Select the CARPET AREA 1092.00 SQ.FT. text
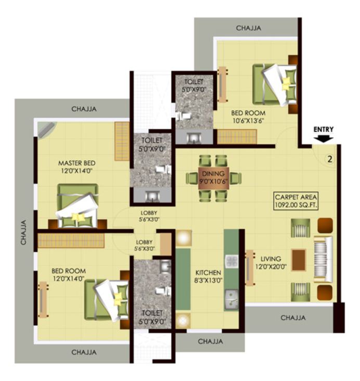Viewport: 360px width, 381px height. (296, 201)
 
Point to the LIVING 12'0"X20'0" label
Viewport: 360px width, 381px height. (271, 262)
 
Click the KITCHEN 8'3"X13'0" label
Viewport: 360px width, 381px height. (208, 276)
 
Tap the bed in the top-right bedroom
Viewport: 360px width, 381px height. (274, 83)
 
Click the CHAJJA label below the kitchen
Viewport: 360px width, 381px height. (210, 342)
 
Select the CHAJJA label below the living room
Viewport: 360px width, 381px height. (293, 317)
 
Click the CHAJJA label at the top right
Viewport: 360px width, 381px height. (248, 28)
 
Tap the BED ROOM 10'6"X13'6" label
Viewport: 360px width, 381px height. (248, 117)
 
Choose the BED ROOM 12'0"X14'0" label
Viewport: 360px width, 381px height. (69, 275)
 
